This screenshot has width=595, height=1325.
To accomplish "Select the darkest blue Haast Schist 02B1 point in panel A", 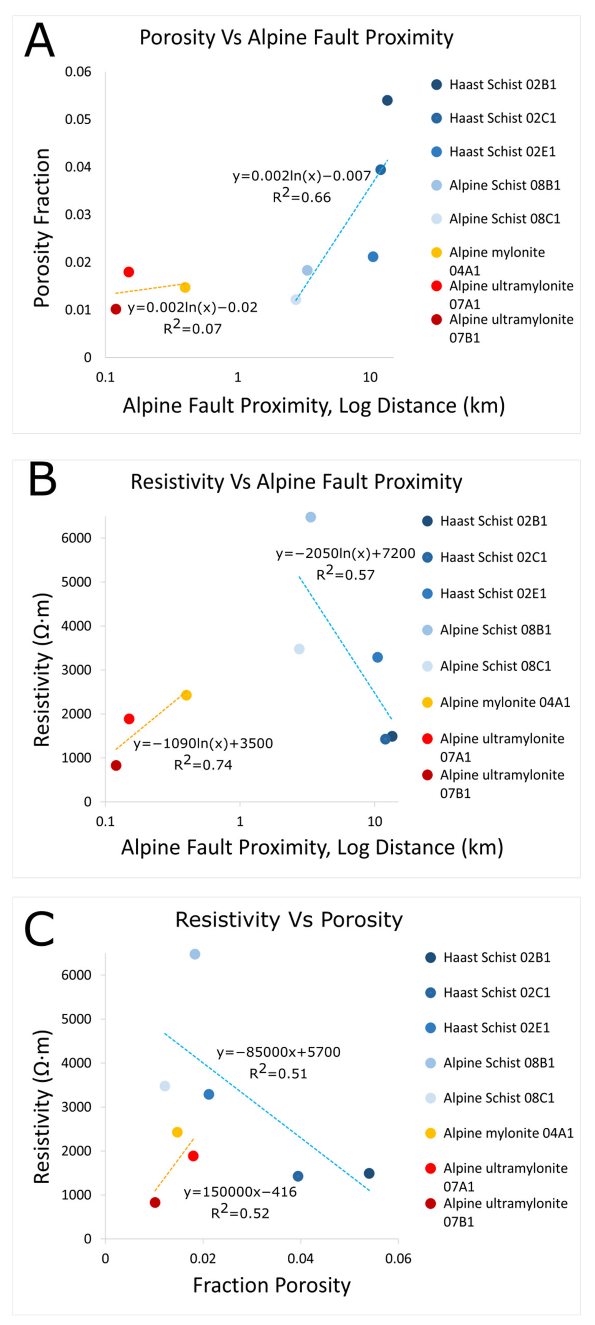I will coord(387,100).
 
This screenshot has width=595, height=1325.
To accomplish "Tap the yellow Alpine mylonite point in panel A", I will coord(185,287).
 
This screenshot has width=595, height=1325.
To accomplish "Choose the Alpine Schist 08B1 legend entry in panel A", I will coord(504,185).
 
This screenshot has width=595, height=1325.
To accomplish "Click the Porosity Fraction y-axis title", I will coord(42,228).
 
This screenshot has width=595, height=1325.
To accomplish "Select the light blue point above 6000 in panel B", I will coord(311,517).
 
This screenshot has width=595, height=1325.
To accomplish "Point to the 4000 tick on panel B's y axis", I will coord(76,626).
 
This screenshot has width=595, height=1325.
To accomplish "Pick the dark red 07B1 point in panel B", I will coord(116,765).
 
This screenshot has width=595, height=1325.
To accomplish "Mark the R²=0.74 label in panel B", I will coord(203,764).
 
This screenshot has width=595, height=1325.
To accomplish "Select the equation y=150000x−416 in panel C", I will coord(240,1192).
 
